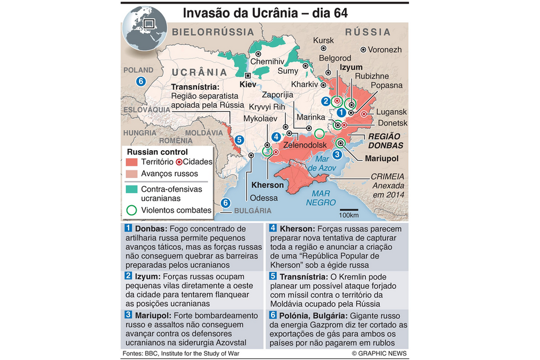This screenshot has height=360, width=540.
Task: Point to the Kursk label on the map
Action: click(323, 40)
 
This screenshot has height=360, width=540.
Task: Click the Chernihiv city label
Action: click(267, 61)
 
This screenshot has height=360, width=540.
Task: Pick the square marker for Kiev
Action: click(248, 75)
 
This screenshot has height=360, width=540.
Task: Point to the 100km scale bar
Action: click(349, 211)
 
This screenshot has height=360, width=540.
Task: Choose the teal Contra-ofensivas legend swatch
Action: click(132, 189)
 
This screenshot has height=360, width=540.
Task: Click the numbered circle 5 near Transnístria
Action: click(239, 140)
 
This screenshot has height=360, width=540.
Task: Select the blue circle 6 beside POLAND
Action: click(140, 81)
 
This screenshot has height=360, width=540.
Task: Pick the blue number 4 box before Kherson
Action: click(272, 228)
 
